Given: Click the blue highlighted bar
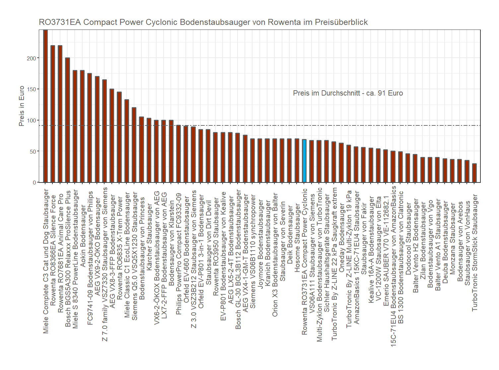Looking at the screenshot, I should tap(304, 161).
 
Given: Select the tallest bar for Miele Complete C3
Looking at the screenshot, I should tap(45, 106).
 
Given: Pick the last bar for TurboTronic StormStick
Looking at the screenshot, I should tap(474, 173).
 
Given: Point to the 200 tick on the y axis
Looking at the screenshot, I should tap(32, 58).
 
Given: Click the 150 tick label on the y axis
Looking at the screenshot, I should tap(32, 89).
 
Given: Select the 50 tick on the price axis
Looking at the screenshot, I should tap(33, 152).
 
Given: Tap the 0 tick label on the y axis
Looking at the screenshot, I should tap(35, 183).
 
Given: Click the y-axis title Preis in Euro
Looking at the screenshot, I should tap(22, 106).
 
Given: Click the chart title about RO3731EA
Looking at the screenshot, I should tap(203, 22).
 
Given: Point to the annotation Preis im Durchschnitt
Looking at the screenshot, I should tap(348, 93).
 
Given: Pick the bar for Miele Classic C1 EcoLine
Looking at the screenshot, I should tap(127, 141).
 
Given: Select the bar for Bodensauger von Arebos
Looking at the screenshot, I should tap(460, 171).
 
